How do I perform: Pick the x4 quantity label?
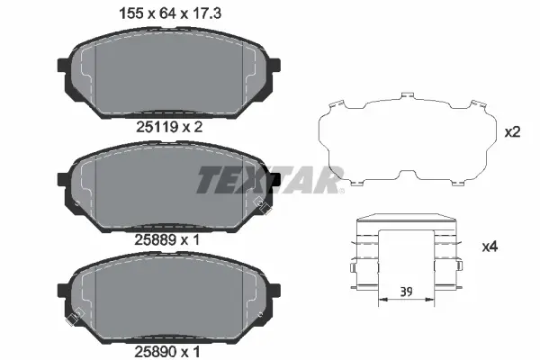(514, 246)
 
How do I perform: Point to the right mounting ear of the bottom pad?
(273, 292)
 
